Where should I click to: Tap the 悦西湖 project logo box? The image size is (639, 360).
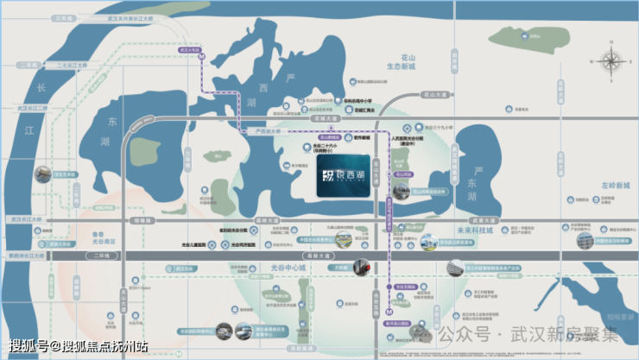coord(345,176)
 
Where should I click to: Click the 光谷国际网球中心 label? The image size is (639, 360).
coord(193,331)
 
